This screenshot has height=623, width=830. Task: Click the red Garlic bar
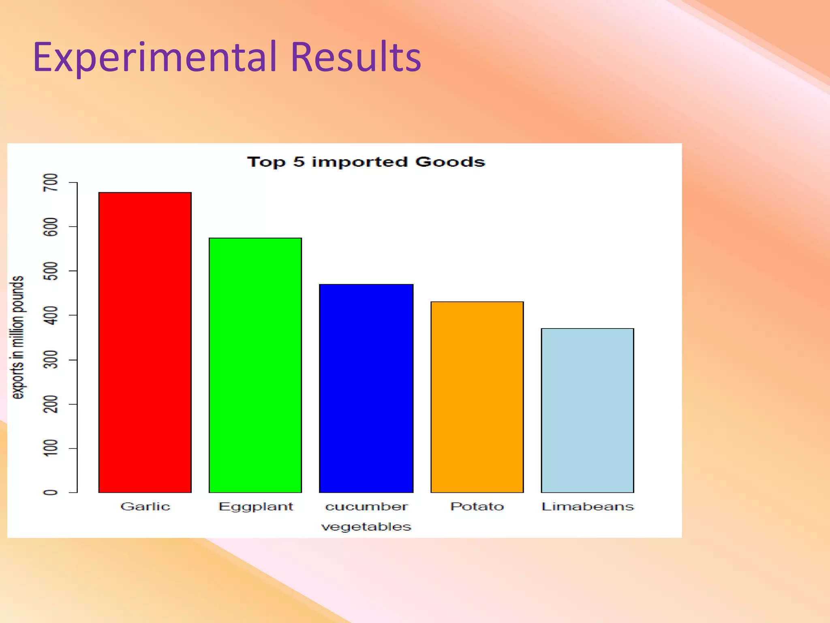click(145, 343)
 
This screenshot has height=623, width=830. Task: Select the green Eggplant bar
click(255, 365)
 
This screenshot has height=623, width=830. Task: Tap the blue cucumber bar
click(366, 388)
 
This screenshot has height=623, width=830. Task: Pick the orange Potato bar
click(477, 397)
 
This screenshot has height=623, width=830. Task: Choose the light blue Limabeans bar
click(587, 410)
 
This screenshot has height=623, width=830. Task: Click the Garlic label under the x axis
click(145, 507)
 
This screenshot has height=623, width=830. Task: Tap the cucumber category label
click(366, 507)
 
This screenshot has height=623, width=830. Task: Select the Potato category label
click(477, 507)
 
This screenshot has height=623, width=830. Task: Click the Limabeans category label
click(587, 507)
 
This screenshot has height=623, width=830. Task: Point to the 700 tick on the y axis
click(51, 183)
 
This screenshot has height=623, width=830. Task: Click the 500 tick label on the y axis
click(51, 271)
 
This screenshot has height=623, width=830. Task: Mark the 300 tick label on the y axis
click(51, 360)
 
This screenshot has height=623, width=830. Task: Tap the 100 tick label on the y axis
click(51, 448)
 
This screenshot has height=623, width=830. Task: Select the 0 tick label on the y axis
click(51, 492)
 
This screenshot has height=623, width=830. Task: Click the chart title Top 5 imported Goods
click(366, 162)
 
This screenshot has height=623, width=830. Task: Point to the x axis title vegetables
click(366, 527)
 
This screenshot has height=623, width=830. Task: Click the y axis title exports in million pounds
click(17, 337)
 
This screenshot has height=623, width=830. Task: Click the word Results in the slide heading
click(356, 57)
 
